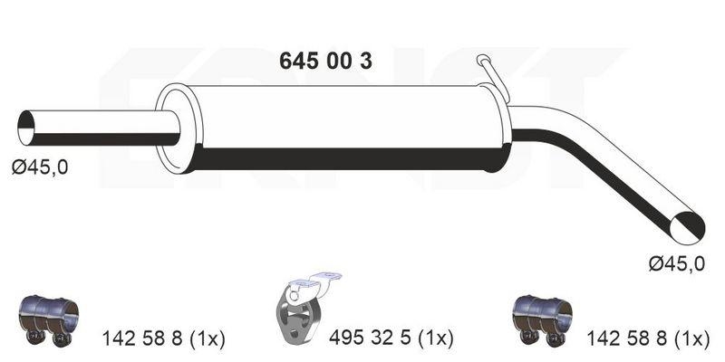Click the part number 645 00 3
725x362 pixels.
322,62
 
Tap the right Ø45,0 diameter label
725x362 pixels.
675,263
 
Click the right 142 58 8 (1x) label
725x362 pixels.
646,339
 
